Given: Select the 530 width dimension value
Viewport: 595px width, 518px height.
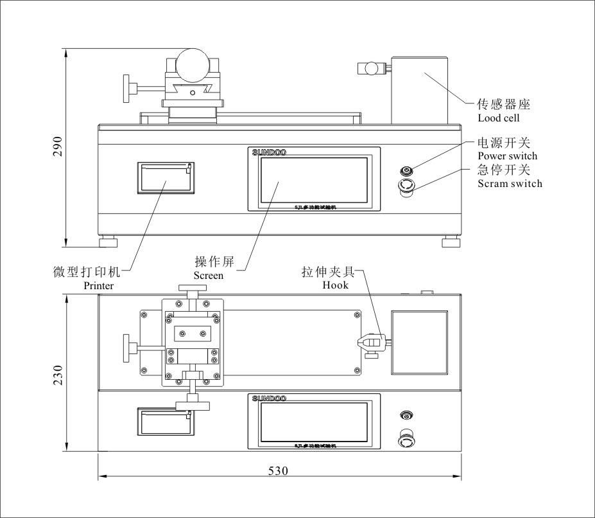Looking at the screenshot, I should (x=277, y=470).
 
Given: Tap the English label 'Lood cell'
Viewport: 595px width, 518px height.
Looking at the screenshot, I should (x=499, y=118).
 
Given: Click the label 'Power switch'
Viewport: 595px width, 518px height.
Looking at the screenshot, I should (x=508, y=156).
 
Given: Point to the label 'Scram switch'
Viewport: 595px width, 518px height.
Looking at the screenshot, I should (x=510, y=184).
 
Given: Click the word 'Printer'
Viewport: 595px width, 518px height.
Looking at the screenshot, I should (x=99, y=286).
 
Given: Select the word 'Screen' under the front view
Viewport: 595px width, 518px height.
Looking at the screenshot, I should (x=209, y=276).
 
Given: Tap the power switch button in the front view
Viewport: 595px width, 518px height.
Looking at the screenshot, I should (x=406, y=170).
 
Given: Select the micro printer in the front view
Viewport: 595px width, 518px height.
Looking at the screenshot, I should (x=165, y=177).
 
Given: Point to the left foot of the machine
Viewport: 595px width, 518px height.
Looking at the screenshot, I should (x=108, y=242).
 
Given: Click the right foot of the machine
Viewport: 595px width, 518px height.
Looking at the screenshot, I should (x=451, y=242).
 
